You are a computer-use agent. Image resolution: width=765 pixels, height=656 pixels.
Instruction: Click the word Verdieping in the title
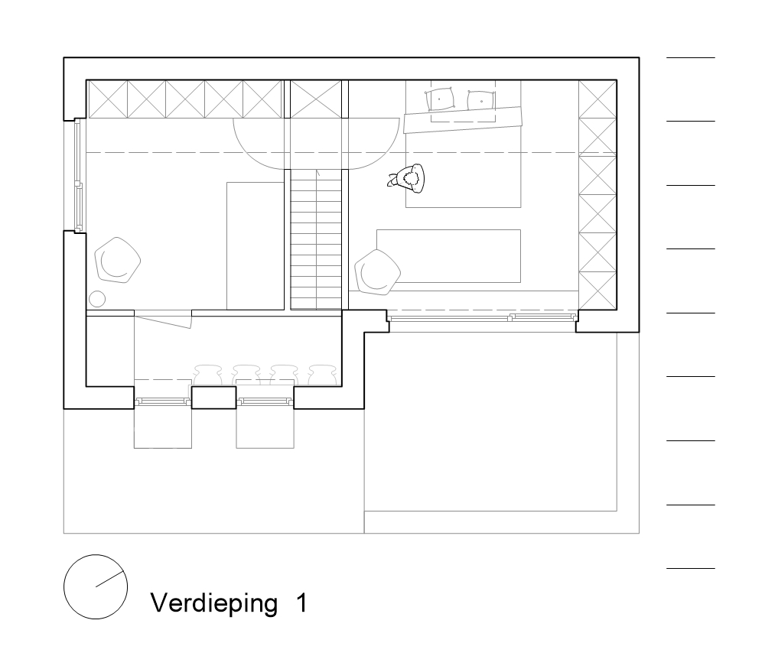tap(213, 603)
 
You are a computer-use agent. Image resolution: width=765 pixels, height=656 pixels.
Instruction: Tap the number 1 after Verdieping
tap(301, 602)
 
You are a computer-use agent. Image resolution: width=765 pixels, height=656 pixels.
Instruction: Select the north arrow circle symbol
tap(96, 586)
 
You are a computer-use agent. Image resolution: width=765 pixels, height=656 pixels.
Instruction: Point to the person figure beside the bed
tap(409, 179)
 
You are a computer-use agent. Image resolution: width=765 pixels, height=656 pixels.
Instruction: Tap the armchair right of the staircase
tap(378, 271)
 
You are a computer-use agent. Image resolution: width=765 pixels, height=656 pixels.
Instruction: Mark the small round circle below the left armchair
tap(97, 298)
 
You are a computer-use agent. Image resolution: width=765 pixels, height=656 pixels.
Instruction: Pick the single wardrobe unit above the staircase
tap(316, 99)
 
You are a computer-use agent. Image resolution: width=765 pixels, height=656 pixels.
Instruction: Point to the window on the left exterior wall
tap(78, 176)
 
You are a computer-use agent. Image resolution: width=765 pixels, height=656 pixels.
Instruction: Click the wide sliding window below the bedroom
tap(482, 317)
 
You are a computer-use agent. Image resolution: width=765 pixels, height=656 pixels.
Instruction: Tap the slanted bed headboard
tap(463, 119)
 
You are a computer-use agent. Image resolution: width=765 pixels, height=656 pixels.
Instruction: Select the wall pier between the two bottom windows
tap(213, 398)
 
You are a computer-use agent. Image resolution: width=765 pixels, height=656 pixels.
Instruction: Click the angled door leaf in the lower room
tap(163, 320)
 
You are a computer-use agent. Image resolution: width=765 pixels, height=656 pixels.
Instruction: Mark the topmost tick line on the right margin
tap(691, 58)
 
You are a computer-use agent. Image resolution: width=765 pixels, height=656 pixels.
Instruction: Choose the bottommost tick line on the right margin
tap(691, 568)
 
